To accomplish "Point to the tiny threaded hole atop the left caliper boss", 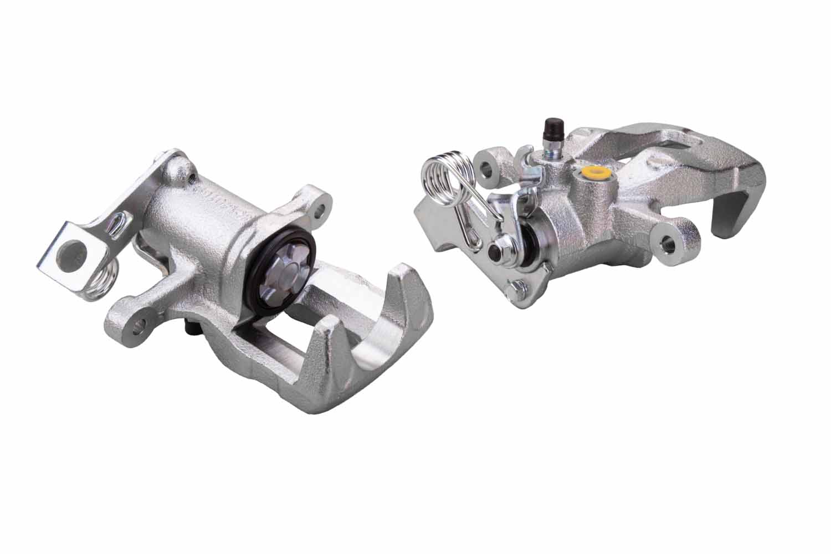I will click(x=192, y=178).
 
